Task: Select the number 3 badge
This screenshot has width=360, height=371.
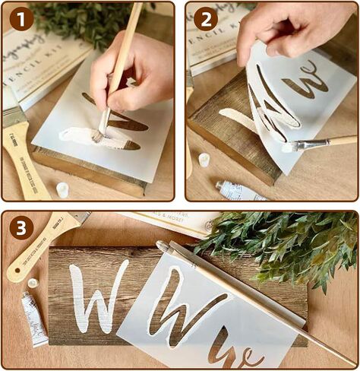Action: click(x=21, y=227)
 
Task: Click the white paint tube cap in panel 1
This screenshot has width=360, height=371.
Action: click(x=62, y=189)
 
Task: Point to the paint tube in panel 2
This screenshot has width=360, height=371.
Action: click(x=238, y=190)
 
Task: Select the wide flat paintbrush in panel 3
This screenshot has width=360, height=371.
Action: click(x=46, y=243)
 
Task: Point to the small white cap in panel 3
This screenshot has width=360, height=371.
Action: click(x=33, y=283)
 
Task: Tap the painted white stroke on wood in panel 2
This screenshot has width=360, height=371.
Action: click(x=232, y=118)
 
